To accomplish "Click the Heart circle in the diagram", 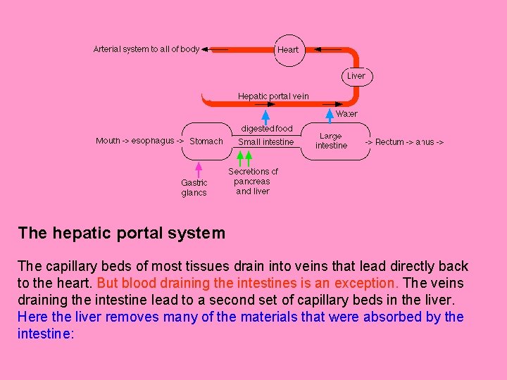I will click(288, 50).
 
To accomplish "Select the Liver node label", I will click(356, 75).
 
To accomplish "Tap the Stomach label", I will click(206, 141).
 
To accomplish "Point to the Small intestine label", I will click(266, 142).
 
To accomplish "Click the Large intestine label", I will click(331, 141).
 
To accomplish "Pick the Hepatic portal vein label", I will click(273, 96).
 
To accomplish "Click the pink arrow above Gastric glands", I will click(199, 168).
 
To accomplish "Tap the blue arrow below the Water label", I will click(330, 115).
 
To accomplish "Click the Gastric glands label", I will click(194, 188).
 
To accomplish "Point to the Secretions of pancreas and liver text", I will click(253, 181).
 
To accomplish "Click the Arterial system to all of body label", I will click(146, 49).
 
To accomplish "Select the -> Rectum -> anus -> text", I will click(404, 142).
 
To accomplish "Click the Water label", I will click(346, 113).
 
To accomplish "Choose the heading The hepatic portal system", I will click(121, 233).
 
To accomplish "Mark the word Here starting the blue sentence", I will click(32, 317).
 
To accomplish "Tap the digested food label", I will click(266, 129).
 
